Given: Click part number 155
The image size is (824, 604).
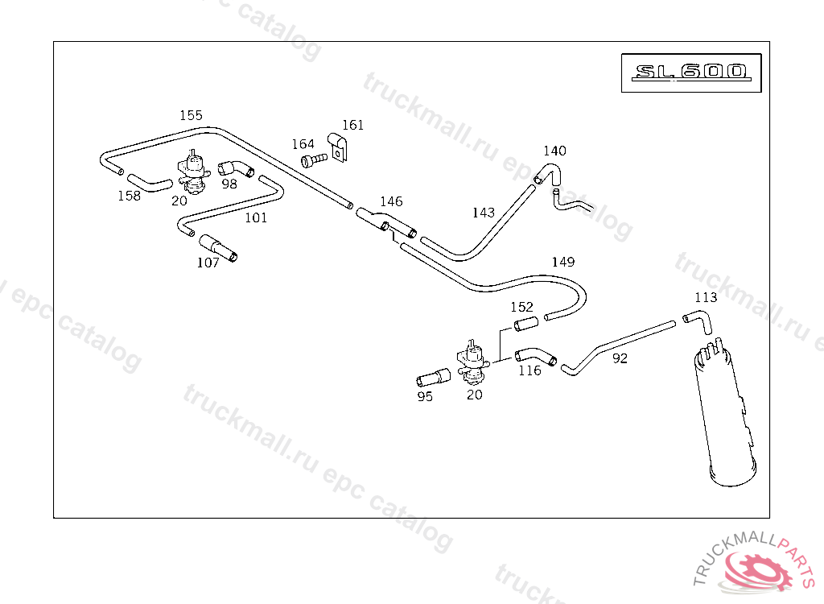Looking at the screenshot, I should pyautogui.click(x=191, y=115).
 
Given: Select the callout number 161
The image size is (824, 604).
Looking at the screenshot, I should pyautogui.click(x=352, y=125).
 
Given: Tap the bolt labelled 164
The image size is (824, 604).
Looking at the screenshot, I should pyautogui.click(x=313, y=160).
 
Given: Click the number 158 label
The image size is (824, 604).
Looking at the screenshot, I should pyautogui.click(x=129, y=196).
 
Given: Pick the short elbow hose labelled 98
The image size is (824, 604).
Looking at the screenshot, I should pyautogui.click(x=234, y=169).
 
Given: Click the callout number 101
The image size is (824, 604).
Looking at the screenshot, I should pyautogui.click(x=256, y=217).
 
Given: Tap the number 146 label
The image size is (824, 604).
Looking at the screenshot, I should pyautogui.click(x=391, y=201).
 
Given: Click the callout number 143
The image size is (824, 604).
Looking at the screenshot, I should pyautogui.click(x=484, y=213).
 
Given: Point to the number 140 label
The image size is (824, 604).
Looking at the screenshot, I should pyautogui.click(x=554, y=151).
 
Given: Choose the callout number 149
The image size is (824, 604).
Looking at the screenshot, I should pyautogui.click(x=563, y=262).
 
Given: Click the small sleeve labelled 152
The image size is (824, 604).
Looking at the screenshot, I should pyautogui.click(x=525, y=325).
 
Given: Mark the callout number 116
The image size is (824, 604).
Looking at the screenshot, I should pyautogui.click(x=529, y=370).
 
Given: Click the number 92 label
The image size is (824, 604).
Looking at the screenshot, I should pyautogui.click(x=620, y=359).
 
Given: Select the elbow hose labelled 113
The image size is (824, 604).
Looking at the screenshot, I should pyautogui.click(x=698, y=321).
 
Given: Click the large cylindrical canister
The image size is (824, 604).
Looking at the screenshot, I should pyautogui.click(x=727, y=419).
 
